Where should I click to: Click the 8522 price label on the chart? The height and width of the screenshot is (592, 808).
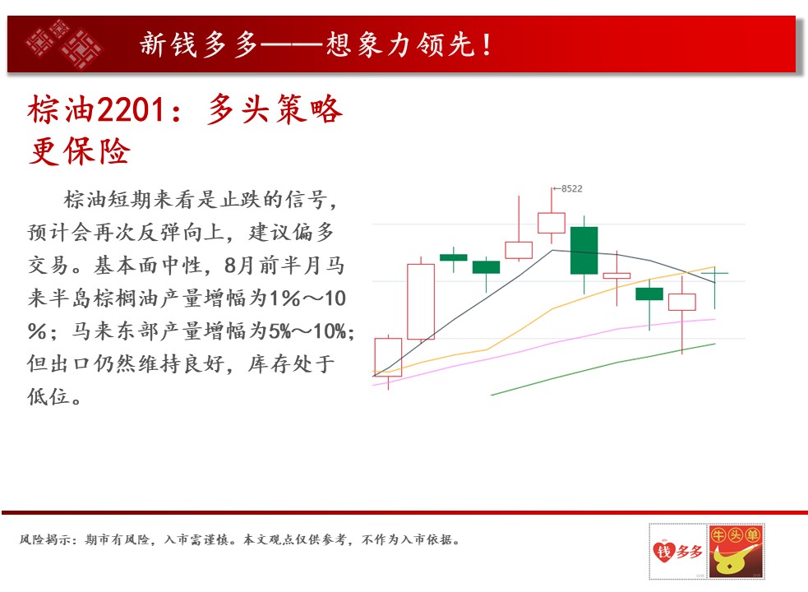point(572,189)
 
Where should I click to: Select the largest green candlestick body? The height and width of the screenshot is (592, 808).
point(584,250)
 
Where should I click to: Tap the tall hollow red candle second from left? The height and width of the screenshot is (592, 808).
point(421,302)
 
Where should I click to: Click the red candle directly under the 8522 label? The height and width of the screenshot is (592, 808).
point(552,223)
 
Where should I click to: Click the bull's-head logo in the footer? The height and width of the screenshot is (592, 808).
point(736,551)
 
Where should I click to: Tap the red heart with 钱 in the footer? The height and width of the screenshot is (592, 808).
point(663,551)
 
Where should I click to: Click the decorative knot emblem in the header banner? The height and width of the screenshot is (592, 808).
point(64,44)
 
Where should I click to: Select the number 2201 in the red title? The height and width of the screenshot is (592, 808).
point(131,109)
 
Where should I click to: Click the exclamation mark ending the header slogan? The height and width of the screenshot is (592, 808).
point(487,44)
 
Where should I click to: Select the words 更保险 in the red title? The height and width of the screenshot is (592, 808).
point(80,151)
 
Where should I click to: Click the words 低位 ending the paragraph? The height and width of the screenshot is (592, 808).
point(48,396)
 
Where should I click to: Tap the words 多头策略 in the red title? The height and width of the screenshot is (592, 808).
point(275,109)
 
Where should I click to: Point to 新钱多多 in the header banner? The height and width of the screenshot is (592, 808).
point(199,44)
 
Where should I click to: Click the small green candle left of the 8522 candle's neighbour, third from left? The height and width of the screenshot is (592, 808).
point(454,257)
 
